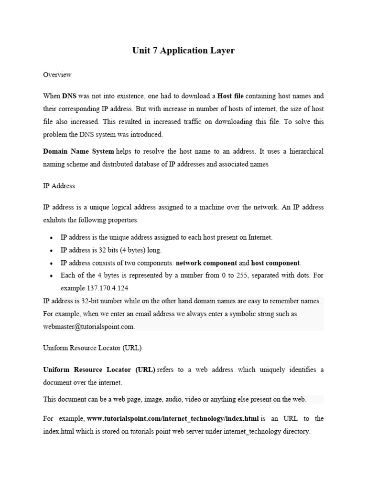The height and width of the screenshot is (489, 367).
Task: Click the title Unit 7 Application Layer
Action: pos(183,50)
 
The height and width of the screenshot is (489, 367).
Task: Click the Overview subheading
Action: pos(57,74)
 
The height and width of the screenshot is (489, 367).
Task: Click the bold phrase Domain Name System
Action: pos(78,151)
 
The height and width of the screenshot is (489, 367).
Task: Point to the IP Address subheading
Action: pos(59,185)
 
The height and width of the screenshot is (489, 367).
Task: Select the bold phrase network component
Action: pos(206,263)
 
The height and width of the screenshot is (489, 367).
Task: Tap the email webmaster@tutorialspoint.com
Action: pos(89,327)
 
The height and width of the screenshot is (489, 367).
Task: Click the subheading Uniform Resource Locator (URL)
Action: pos(92,348)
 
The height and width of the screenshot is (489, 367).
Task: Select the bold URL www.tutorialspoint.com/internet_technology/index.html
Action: pos(173,419)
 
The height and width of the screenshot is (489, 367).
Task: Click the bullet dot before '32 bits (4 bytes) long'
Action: pos(51,250)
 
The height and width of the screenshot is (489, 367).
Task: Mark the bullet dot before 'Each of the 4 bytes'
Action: pos(51,276)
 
